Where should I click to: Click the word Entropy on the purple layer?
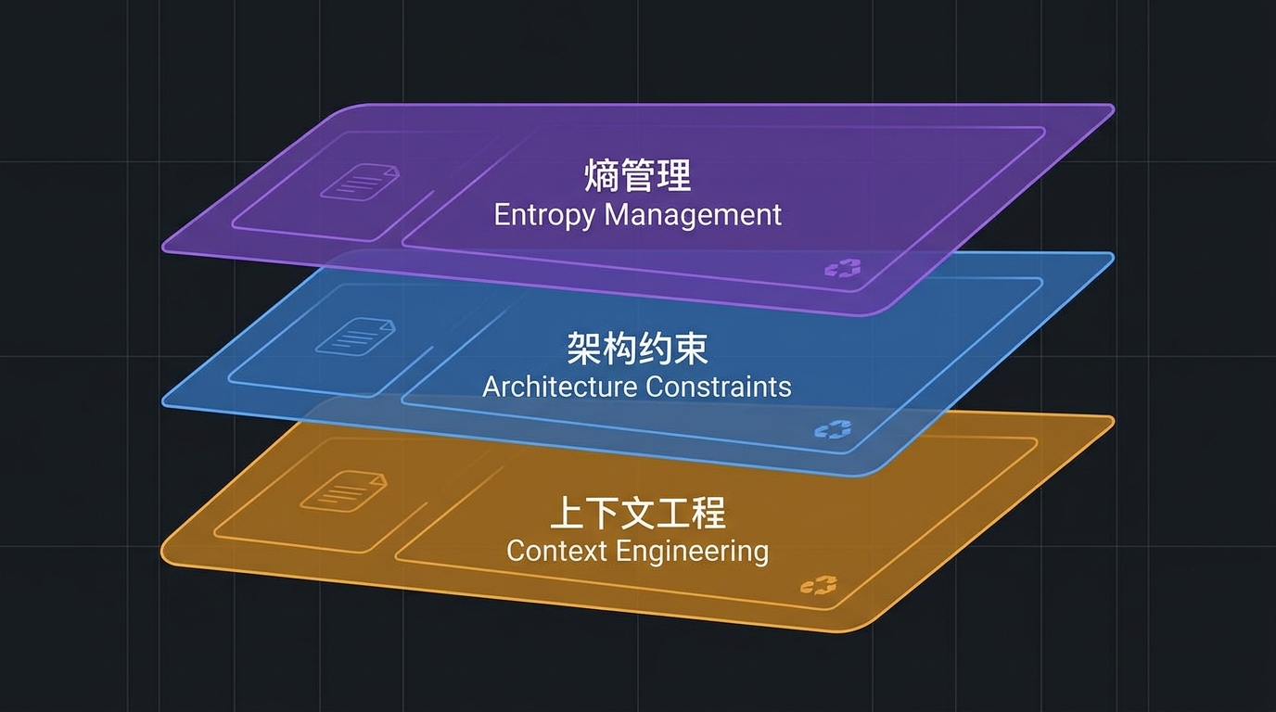click(x=544, y=216)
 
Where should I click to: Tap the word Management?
click(x=693, y=215)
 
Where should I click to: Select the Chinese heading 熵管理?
click(x=637, y=175)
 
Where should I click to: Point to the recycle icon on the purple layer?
click(x=843, y=268)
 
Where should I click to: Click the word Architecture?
click(x=559, y=387)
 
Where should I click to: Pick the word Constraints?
click(x=719, y=387)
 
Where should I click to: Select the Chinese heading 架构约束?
click(x=637, y=349)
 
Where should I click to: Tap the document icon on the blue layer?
click(x=355, y=337)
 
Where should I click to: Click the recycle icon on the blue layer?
click(x=833, y=430)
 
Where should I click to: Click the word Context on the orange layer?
click(x=556, y=551)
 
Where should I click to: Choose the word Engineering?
click(x=692, y=552)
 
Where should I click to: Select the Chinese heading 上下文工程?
click(x=637, y=513)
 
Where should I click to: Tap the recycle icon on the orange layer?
click(x=819, y=586)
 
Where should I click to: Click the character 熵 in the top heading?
click(x=602, y=175)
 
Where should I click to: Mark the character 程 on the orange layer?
click(x=708, y=513)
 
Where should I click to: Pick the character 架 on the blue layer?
click(x=584, y=349)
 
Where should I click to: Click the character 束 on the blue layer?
click(x=691, y=349)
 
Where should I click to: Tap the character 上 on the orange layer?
click(x=567, y=513)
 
